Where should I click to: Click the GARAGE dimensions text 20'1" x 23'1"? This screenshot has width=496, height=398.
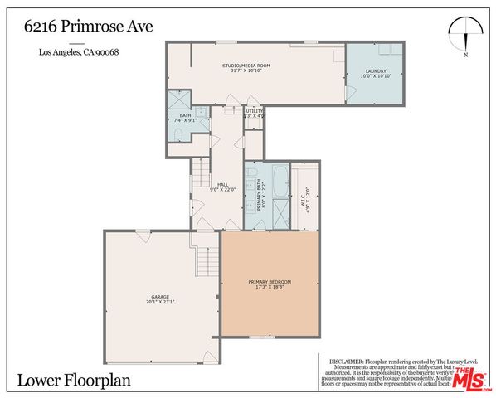coord(160,303)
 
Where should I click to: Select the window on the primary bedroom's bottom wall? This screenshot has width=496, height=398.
coord(264,337)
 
